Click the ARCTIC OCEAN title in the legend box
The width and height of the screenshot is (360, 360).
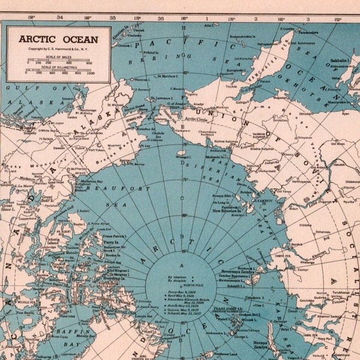58,39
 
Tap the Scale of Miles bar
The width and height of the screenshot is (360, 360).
63,58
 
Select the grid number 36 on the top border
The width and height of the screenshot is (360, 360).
160,18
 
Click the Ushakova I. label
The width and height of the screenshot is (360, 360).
254,297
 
